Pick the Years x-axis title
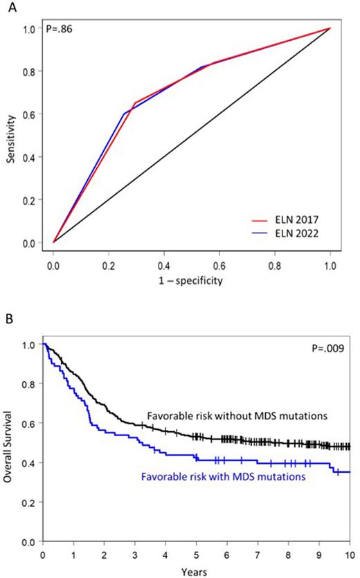tap(197, 571)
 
